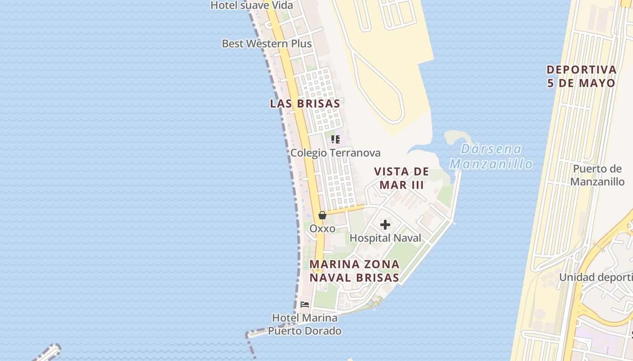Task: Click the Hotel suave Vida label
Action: tap(252, 5)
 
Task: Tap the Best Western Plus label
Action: tap(266, 44)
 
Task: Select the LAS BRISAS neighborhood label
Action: tap(305, 103)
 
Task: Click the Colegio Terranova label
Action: tap(335, 153)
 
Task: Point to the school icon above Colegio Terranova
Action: tap(335, 139)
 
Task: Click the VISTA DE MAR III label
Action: tap(402, 178)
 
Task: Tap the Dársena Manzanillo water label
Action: tap(491, 156)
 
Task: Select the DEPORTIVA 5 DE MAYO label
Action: tap(581, 76)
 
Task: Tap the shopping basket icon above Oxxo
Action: tap(322, 215)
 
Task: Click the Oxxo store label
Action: tap(322, 229)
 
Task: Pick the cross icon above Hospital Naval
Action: tap(385, 224)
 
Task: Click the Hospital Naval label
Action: tap(385, 238)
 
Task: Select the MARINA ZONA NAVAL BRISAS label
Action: tap(354, 271)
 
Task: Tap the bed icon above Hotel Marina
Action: tap(305, 305)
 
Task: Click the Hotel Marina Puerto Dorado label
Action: tap(305, 324)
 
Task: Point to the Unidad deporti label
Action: tap(595, 277)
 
